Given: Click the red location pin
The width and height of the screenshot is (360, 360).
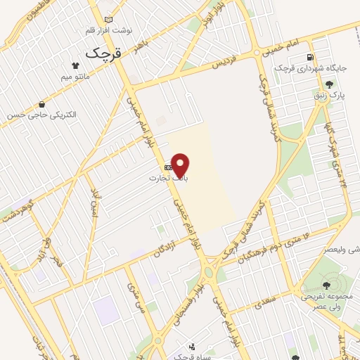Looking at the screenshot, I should (x=181, y=165).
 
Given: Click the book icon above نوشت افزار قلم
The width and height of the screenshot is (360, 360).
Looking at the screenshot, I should (x=107, y=20).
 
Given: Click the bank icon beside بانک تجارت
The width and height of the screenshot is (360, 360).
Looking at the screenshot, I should (x=167, y=167).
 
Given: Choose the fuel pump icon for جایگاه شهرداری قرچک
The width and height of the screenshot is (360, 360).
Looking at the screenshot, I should (x=309, y=58).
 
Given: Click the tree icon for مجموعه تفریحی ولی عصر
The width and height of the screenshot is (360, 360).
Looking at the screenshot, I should (x=326, y=285).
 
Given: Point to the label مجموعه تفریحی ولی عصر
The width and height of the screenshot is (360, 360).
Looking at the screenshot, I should (x=327, y=302).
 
